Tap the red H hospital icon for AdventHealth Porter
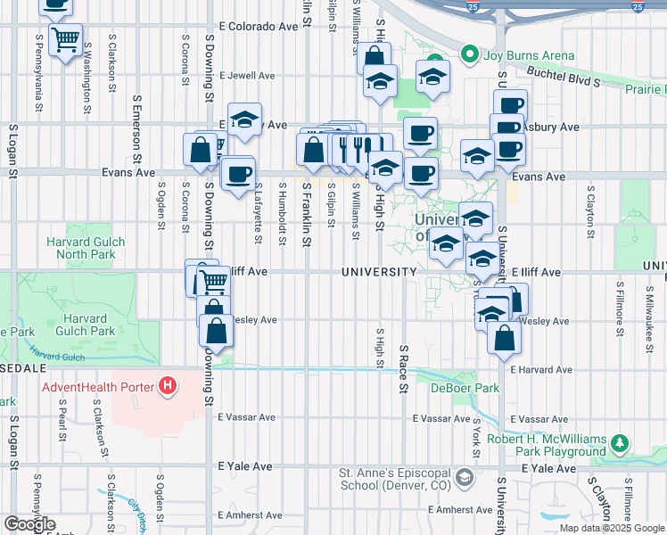[x=166, y=387]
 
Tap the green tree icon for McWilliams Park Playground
[x=619, y=443]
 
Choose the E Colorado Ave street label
[x=258, y=27]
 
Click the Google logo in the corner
[x=29, y=524]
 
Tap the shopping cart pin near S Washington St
[x=65, y=40]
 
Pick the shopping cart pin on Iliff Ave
[x=213, y=282]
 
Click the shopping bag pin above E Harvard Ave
[x=505, y=338]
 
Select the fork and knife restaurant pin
[x=360, y=148]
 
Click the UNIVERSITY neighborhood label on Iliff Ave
[x=380, y=272]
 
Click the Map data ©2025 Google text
[x=612, y=528]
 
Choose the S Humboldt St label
[x=281, y=210]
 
